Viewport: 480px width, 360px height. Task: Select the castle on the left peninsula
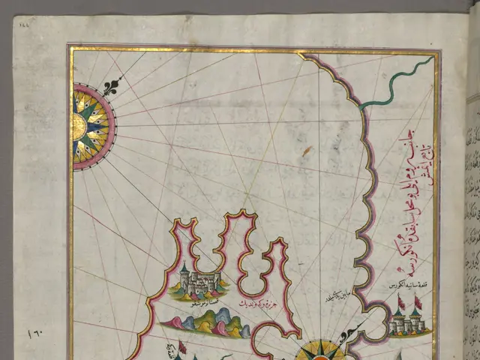[x=199, y=284]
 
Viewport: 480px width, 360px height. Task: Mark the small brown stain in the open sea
[x=307, y=151]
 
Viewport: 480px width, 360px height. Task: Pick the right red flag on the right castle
[x=418, y=302]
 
